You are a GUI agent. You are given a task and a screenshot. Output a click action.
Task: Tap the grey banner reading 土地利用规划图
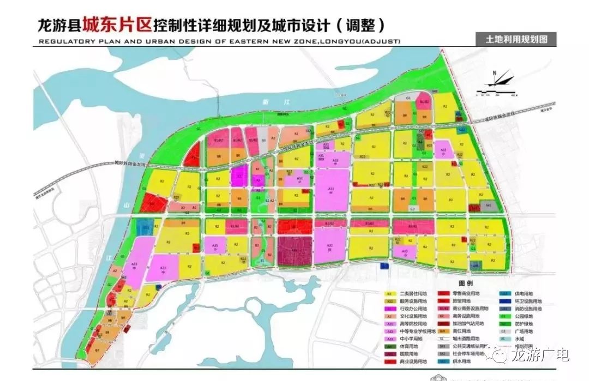tap(512, 39)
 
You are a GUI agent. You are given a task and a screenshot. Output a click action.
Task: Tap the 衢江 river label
tap(264, 102)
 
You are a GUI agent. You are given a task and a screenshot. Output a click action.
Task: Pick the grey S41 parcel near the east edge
tap(489, 206)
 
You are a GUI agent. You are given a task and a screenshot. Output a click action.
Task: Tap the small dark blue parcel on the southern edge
tap(384, 265)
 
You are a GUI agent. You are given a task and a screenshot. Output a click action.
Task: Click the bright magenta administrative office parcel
tap(239, 176)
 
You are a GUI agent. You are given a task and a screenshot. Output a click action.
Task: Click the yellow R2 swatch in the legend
tap(390, 293)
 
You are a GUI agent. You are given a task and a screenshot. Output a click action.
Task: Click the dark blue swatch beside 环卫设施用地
tap(503, 301)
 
